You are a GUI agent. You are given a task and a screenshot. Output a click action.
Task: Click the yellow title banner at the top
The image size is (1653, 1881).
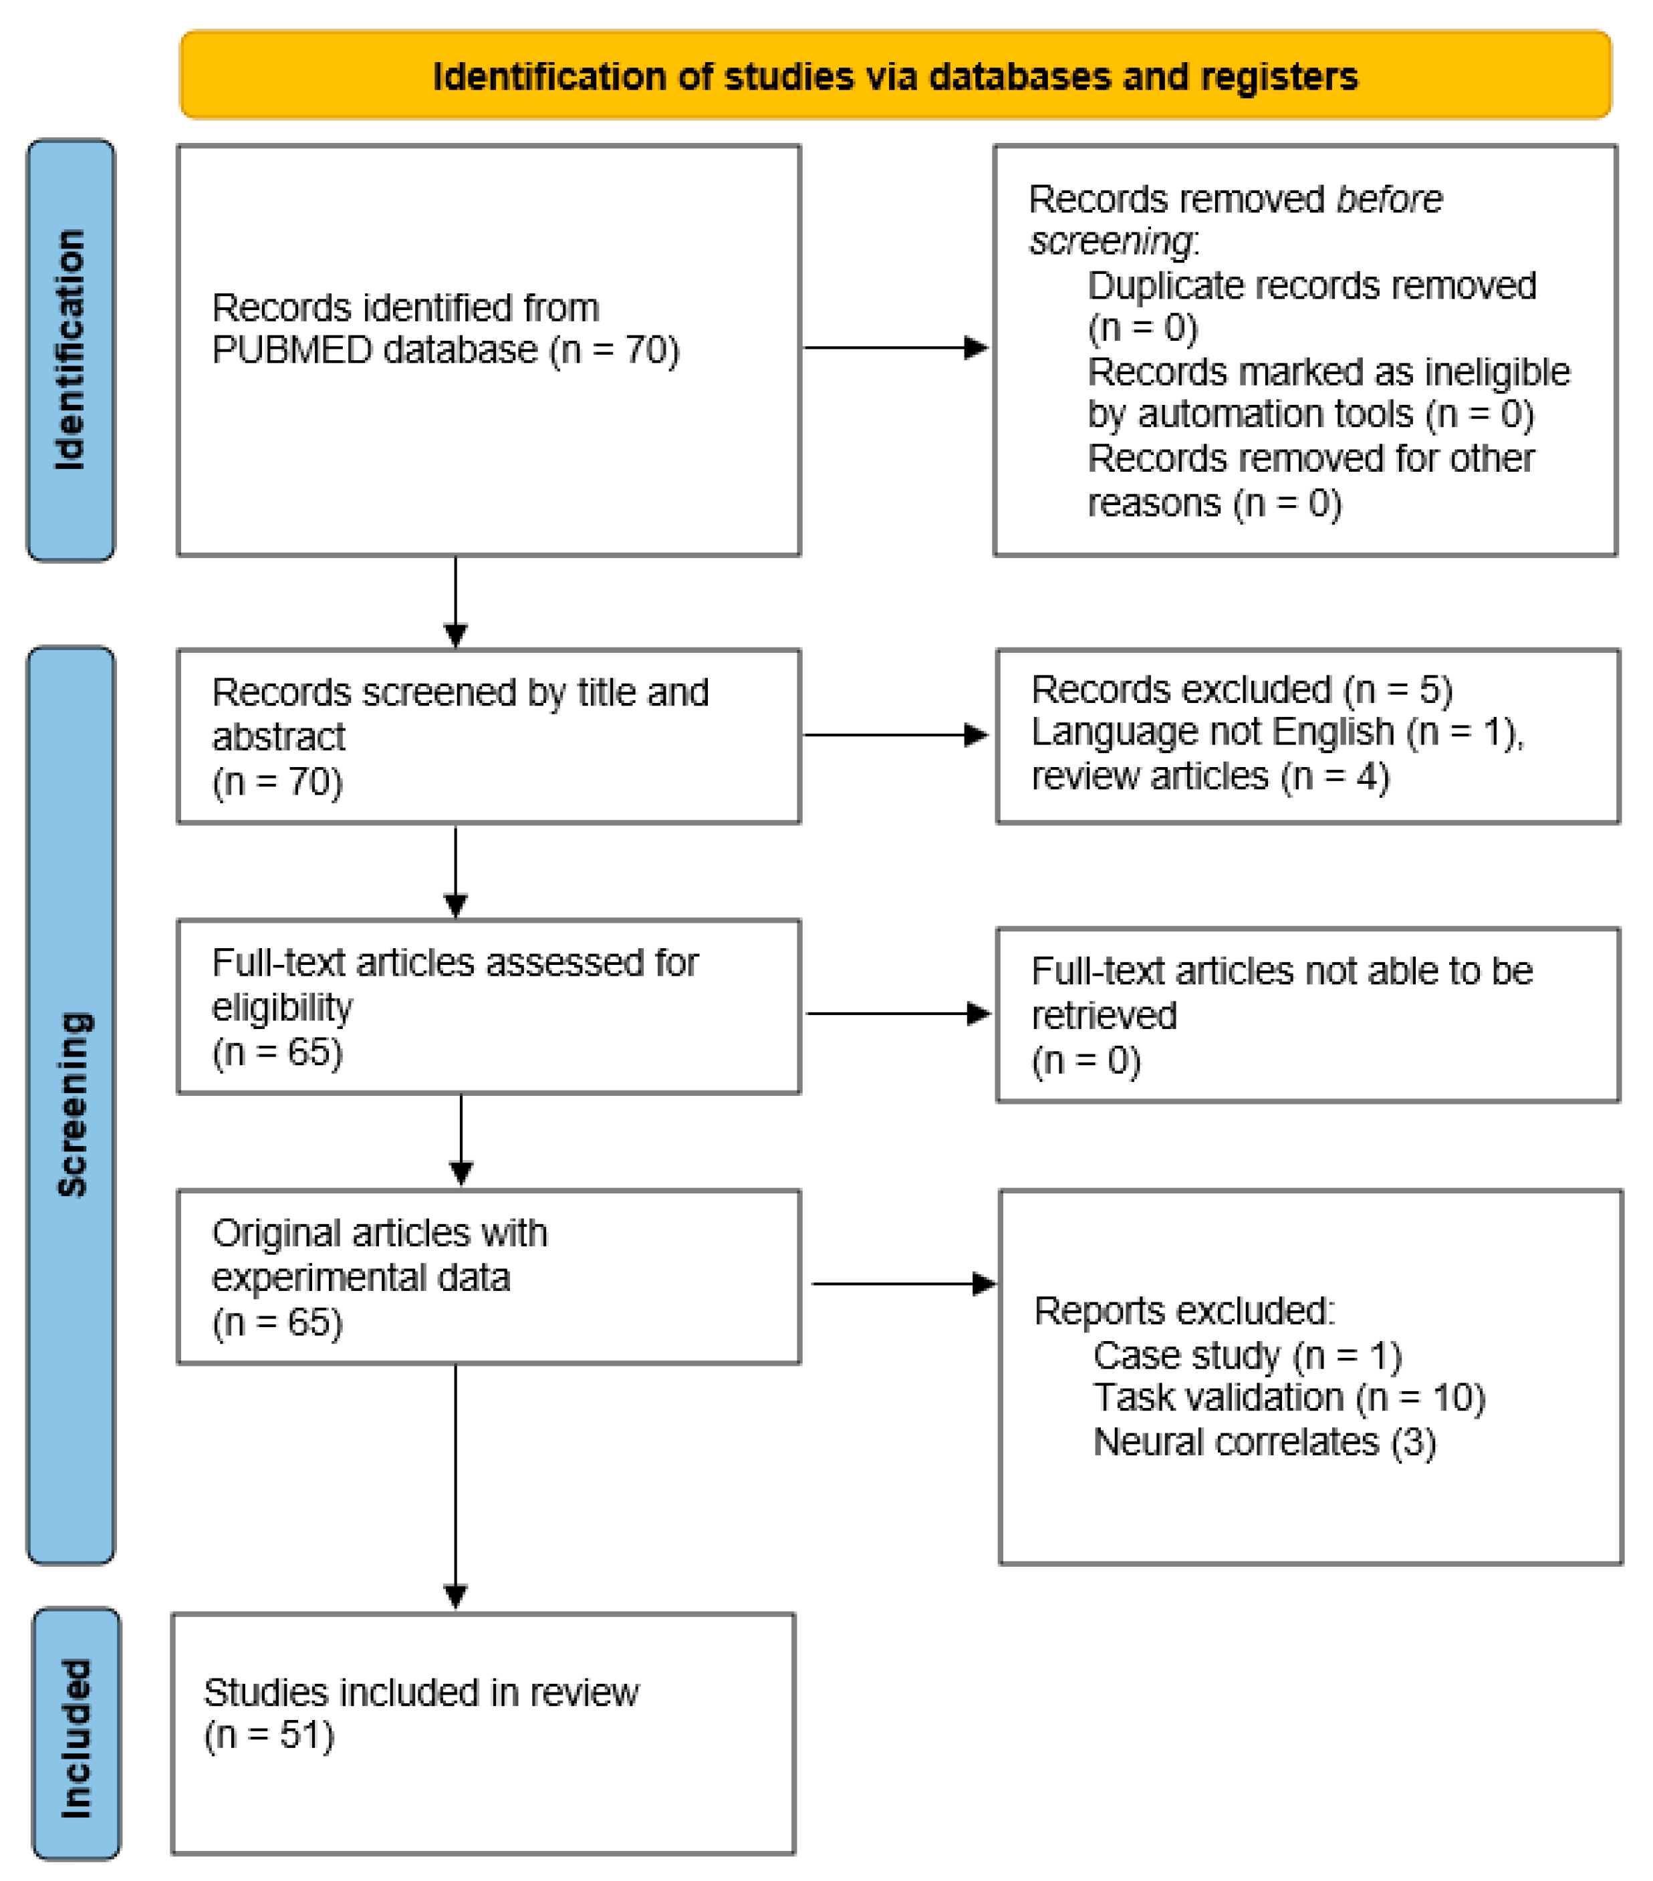[894, 76]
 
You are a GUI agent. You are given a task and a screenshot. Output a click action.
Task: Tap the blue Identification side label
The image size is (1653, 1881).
[70, 349]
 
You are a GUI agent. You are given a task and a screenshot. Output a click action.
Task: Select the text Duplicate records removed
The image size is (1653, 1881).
[1311, 285]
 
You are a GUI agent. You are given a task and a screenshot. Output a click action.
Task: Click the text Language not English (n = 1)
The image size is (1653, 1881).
[1275, 732]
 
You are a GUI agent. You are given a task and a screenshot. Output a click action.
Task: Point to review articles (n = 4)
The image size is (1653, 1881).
[1209, 776]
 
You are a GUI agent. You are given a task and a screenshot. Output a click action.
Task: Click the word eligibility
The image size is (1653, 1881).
[281, 1008]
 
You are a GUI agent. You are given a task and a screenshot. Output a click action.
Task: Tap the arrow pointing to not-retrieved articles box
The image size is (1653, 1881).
[898, 1013]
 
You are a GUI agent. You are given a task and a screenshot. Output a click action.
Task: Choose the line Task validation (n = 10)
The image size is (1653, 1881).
[1289, 1398]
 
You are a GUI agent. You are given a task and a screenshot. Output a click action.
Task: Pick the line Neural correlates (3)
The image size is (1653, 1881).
[1264, 1442]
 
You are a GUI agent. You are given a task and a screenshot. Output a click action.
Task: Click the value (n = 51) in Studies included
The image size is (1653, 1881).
[269, 1735]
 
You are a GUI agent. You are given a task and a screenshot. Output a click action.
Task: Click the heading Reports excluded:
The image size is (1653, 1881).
[1184, 1310]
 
